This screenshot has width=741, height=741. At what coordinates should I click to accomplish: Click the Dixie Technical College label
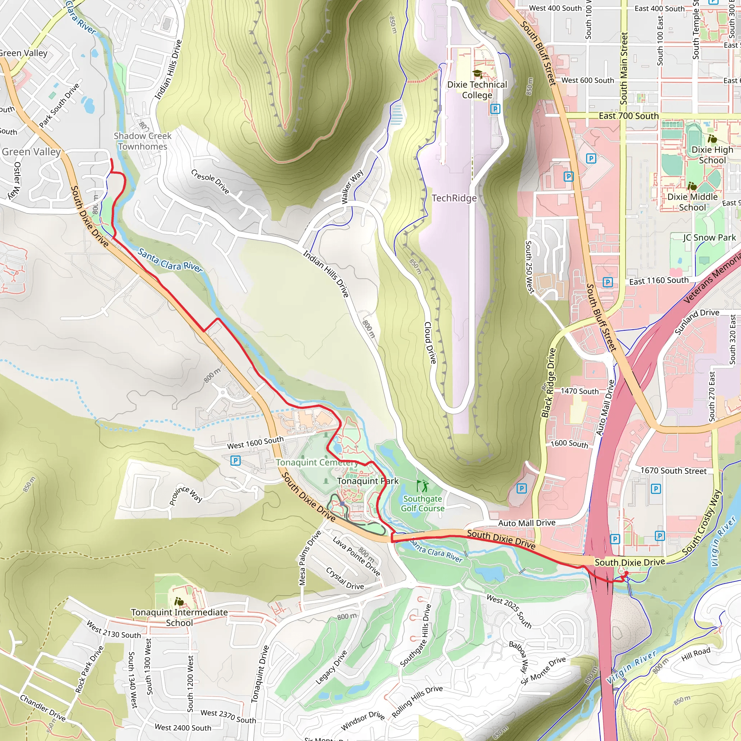(x=477, y=90)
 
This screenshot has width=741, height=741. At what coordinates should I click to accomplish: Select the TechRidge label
(x=454, y=198)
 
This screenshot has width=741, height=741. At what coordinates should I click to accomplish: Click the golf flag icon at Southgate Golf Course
(x=422, y=486)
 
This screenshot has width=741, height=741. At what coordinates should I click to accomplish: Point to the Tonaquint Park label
(x=368, y=481)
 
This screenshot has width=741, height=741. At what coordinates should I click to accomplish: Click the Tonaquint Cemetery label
(x=317, y=462)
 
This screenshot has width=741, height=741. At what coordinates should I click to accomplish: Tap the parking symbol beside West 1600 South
(x=236, y=461)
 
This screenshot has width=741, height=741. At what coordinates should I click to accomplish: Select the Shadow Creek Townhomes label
(x=143, y=141)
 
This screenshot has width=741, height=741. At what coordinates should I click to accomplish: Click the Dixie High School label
(x=712, y=155)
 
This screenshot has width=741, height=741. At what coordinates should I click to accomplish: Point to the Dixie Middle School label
(x=692, y=202)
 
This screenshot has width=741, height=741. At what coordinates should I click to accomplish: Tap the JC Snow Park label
(x=709, y=237)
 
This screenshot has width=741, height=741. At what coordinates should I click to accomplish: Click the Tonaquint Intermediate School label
(x=179, y=617)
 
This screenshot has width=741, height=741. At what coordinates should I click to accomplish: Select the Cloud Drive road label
(x=430, y=343)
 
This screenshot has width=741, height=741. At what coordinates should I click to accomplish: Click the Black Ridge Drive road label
(x=548, y=383)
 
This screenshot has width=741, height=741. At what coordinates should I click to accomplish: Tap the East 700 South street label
(x=628, y=116)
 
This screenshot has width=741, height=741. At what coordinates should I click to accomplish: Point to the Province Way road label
(x=186, y=495)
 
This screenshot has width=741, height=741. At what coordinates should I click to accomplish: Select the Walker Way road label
(x=352, y=187)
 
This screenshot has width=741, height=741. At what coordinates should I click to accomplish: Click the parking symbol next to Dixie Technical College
(x=495, y=109)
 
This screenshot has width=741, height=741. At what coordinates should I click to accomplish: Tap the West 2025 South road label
(x=509, y=611)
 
